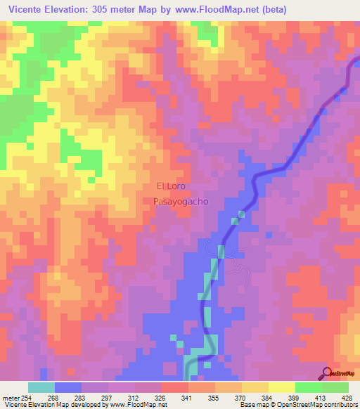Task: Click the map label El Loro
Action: pyautogui.click(x=170, y=187)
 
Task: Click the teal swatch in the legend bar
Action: pyautogui.click(x=41, y=387)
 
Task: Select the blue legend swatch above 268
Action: pyautogui.click(x=68, y=387)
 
